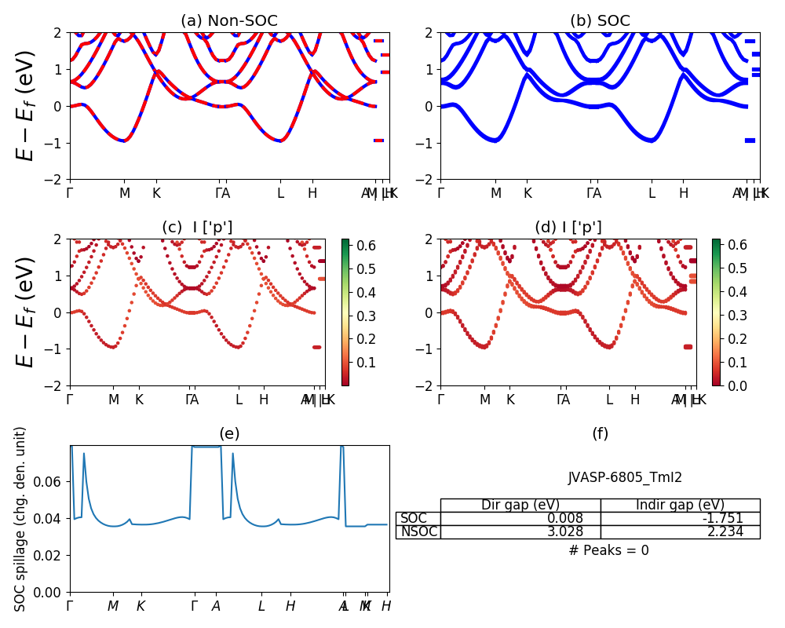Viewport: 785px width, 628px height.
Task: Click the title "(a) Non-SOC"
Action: (x=229, y=21)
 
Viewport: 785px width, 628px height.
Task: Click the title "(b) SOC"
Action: (x=600, y=21)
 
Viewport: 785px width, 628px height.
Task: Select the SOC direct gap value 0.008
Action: (x=566, y=519)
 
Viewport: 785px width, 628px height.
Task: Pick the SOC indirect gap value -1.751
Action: (x=722, y=519)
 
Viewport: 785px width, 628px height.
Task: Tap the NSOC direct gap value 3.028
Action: (x=566, y=532)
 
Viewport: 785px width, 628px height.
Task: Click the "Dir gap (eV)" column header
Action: (x=520, y=506)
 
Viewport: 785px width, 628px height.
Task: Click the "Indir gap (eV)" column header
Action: (x=680, y=506)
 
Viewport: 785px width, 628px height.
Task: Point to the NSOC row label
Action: (x=418, y=532)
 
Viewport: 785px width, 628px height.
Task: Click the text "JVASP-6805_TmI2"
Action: (x=625, y=477)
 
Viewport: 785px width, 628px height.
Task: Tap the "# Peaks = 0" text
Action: (x=608, y=551)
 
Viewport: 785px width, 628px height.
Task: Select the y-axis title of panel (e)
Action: (x=21, y=518)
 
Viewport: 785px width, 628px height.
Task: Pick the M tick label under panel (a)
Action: (x=125, y=193)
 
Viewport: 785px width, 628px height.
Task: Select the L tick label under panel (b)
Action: (x=652, y=193)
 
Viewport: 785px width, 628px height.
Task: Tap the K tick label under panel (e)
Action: (x=141, y=606)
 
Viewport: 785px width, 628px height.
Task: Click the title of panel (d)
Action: (x=568, y=228)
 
